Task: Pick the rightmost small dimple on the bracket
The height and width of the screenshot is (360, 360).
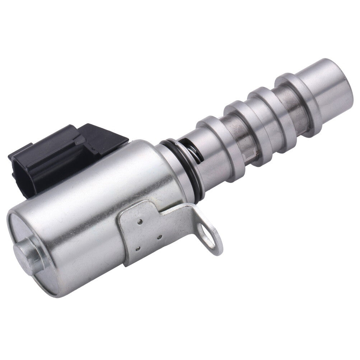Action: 159,237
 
